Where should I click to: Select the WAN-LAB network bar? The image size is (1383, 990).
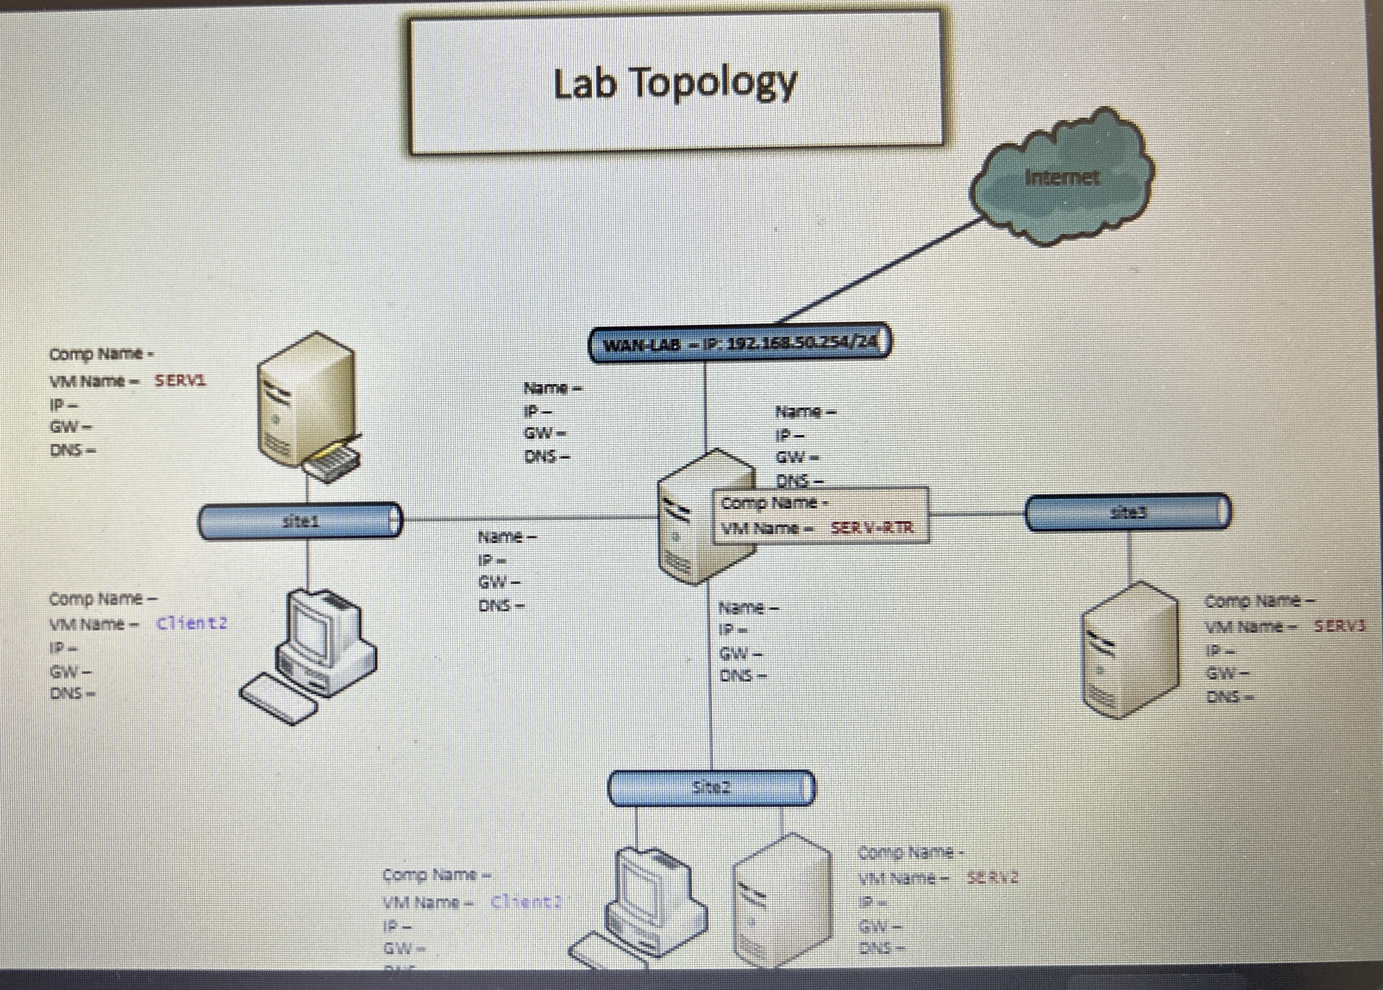coord(739,343)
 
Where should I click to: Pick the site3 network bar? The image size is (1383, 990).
coord(1128,513)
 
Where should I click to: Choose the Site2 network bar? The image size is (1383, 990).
coord(711,788)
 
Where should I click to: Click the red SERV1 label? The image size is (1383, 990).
coord(180,380)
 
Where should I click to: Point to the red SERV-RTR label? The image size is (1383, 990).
coord(872,528)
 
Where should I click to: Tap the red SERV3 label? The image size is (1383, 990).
coord(1339,626)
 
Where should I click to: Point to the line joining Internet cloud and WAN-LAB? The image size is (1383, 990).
coord(878,271)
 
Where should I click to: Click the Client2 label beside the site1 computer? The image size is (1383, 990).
coord(192,623)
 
